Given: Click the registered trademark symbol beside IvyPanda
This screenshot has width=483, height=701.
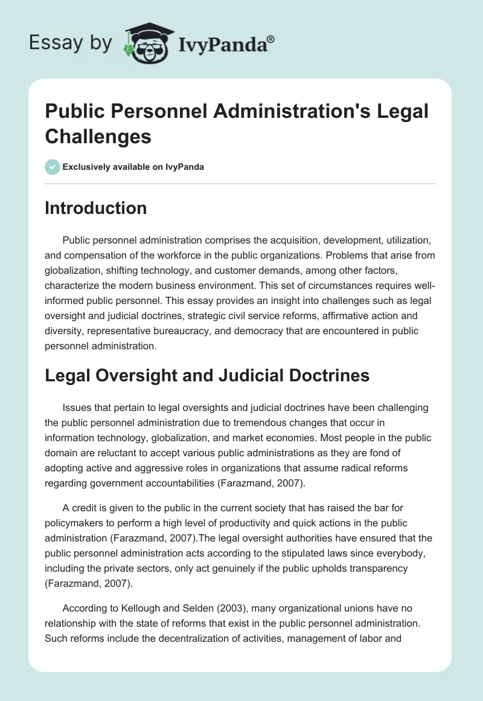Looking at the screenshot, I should tap(271, 39).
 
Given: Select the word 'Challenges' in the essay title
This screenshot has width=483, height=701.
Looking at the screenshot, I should tap(98, 136).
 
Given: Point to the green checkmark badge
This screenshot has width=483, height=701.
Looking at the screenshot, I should tap(53, 166).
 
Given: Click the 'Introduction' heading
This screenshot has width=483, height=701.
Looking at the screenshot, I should tap(96, 208).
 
